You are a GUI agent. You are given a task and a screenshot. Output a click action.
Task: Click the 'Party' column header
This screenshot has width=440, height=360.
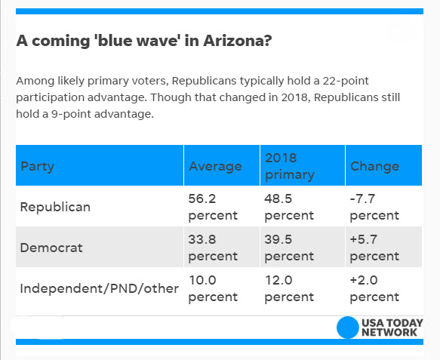(x=38, y=166)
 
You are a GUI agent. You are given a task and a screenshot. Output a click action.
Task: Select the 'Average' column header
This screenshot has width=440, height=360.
(x=215, y=166)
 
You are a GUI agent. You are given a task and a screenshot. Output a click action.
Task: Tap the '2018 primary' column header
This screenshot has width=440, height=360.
(x=289, y=166)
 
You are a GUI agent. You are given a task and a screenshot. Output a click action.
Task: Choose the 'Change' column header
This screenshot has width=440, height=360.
(x=374, y=166)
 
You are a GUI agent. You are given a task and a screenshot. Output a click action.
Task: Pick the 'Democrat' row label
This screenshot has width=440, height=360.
(x=51, y=248)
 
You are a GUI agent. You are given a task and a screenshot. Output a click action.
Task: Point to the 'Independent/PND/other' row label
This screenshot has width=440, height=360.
(x=100, y=288)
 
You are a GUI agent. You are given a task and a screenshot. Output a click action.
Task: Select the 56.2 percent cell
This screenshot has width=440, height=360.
(x=213, y=207)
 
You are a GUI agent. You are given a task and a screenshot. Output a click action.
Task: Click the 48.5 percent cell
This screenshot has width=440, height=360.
(x=289, y=207)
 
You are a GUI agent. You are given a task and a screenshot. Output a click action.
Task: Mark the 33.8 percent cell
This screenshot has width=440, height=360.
(x=213, y=248)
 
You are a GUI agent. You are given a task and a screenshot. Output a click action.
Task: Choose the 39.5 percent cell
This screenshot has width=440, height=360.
(x=289, y=248)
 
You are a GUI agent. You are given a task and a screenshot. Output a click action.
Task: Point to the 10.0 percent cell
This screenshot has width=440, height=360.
(x=213, y=288)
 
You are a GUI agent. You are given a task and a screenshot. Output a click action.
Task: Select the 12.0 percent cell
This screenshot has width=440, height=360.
(x=289, y=288)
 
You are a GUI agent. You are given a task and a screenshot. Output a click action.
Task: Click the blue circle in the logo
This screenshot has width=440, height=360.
(x=347, y=328)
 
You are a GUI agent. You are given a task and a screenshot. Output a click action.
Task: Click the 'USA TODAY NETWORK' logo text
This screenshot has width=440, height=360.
(x=392, y=328)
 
